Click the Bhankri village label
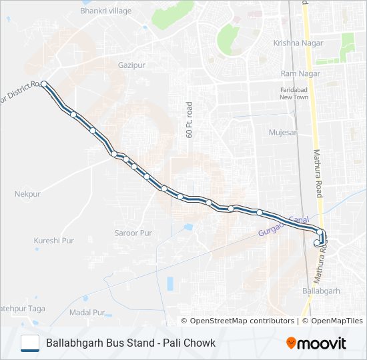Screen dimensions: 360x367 pos(105,11)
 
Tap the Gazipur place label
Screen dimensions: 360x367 pos(131,65)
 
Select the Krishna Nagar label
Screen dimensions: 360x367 pos(298,43)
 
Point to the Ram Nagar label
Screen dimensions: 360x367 pos(297,73)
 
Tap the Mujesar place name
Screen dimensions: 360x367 pos(282,133)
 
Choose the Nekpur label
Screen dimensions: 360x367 pos(27,194)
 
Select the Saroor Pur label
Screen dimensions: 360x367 pos(133,233)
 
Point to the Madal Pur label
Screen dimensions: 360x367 pos(87,312)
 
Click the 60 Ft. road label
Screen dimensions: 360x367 pos(189,120)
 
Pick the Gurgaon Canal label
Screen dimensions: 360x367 pos(284,225)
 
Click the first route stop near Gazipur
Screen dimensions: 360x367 pos(44,84)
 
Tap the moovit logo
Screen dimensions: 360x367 pos(316,343)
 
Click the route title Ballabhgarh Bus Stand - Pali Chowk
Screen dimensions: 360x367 pos(131,343)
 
